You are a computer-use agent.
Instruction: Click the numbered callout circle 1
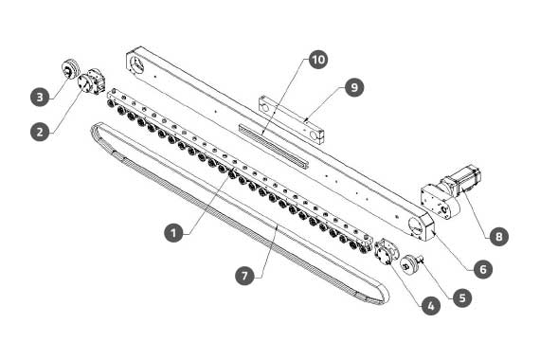[x=173, y=232]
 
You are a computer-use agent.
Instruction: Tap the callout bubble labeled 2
[x=40, y=132]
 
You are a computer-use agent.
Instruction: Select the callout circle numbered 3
[x=40, y=97]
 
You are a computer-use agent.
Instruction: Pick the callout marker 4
[x=431, y=305]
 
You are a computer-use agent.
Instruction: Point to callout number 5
[x=462, y=297]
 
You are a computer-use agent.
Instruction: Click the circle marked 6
[x=483, y=269]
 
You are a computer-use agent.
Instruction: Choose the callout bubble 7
[x=244, y=276]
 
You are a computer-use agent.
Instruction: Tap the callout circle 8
[x=498, y=236]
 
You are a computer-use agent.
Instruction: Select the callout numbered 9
[x=354, y=87]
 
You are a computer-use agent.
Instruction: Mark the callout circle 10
[x=318, y=60]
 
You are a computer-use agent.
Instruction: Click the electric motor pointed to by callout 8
[x=462, y=179]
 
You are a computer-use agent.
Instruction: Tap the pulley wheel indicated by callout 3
[x=71, y=69]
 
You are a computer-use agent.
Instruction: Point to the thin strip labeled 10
[x=273, y=147]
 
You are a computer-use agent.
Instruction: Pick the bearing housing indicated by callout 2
[x=91, y=82]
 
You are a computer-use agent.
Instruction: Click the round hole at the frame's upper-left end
[x=137, y=64]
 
